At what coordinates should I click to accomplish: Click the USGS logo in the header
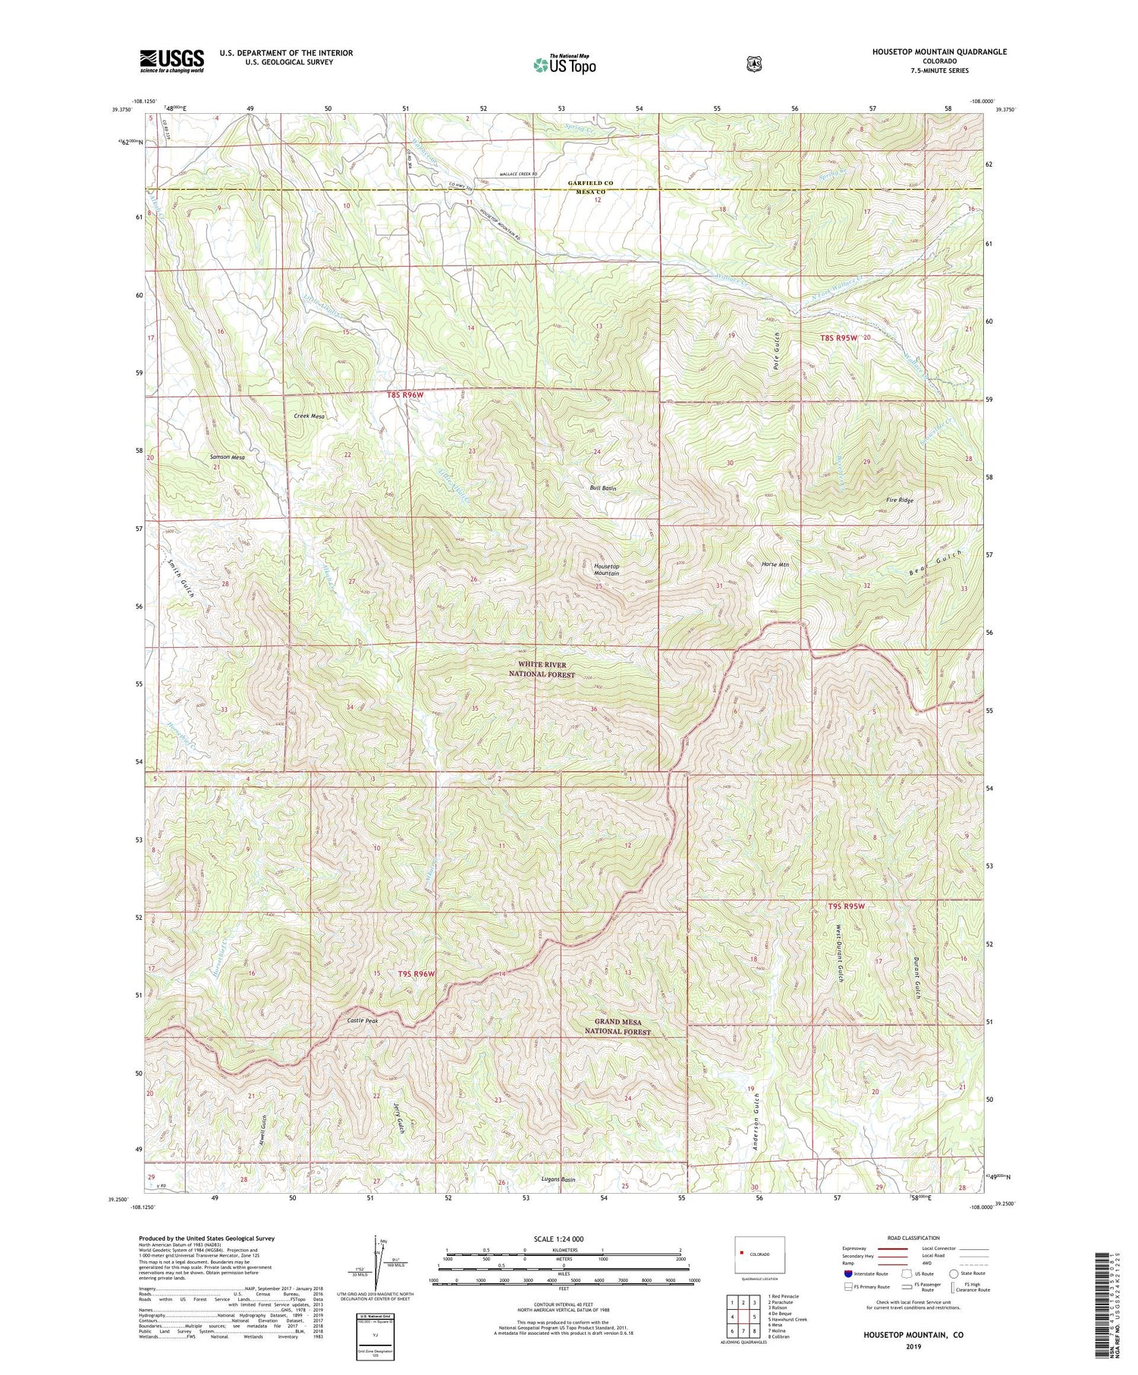(x=171, y=61)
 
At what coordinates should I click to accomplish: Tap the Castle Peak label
(x=362, y=1021)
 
